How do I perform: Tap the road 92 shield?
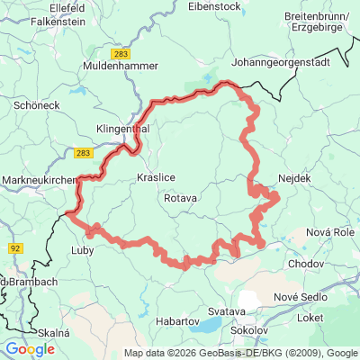point(16,245)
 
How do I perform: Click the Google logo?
point(30,348)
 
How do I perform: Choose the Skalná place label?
point(52,332)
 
